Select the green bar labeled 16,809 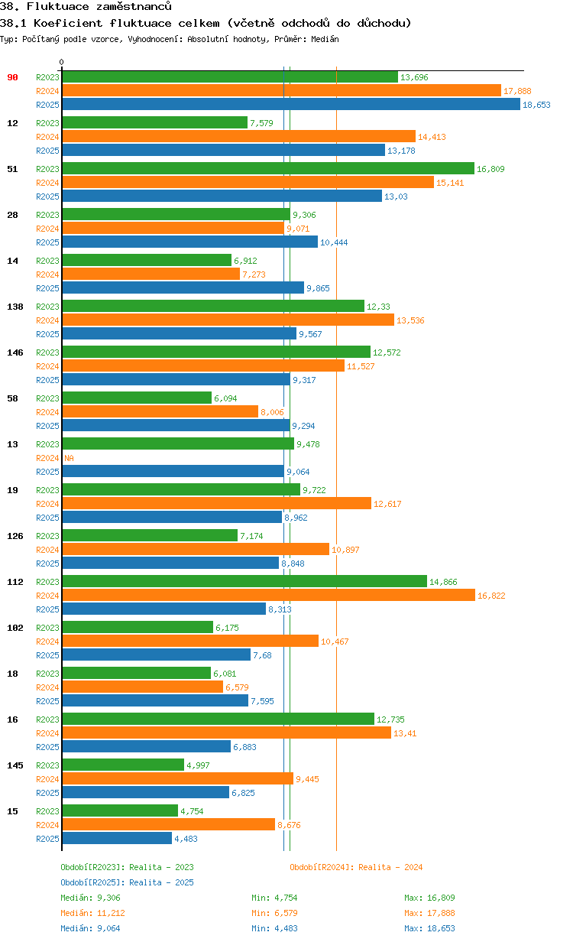[x=267, y=169]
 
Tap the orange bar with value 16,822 [x=268, y=596]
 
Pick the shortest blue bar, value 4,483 [x=117, y=839]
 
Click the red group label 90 [x=12, y=77]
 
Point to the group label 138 [x=15, y=307]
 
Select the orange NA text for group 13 [x=69, y=458]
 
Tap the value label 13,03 [x=396, y=197]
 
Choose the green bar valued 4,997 [x=123, y=765]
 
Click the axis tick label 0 [x=62, y=62]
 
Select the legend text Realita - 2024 [x=390, y=867]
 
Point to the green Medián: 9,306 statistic [x=90, y=898]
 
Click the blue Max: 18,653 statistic [x=429, y=928]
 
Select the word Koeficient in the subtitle [x=60, y=23]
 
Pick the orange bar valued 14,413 [x=238, y=137]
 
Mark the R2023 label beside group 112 [x=47, y=582]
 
